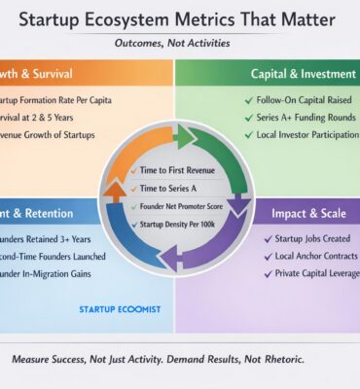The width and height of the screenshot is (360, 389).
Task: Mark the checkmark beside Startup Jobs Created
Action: tap(268, 238)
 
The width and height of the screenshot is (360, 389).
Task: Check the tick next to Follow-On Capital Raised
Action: tap(250, 99)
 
